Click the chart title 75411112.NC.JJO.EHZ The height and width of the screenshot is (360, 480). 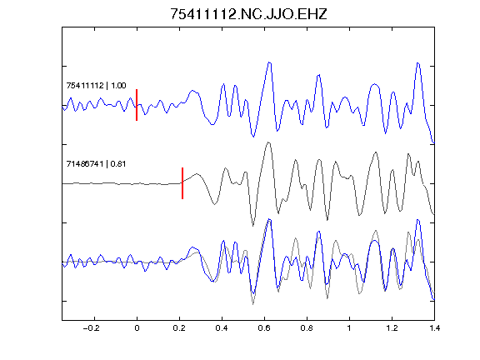point(248,14)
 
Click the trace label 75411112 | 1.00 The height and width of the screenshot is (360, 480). point(96,85)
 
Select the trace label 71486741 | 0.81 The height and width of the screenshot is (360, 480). point(96,164)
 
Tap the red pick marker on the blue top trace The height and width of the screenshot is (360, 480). point(137,105)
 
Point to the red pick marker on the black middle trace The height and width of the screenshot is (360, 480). point(182,183)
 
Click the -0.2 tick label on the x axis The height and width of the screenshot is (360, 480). point(92,328)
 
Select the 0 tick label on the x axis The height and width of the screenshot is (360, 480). point(137,328)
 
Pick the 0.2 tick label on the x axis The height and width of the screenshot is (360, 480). point(179,328)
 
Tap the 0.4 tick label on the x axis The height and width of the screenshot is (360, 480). point(222,328)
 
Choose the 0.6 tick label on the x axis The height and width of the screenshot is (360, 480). point(264,328)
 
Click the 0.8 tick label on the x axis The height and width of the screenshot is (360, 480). point(307,328)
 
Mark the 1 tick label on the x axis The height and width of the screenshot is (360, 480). point(349,328)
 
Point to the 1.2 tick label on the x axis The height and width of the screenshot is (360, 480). point(392,328)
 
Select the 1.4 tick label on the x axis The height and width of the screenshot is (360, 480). point(434,328)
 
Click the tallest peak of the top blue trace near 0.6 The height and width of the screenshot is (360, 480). point(269,62)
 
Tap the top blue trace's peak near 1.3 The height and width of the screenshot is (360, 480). point(417,63)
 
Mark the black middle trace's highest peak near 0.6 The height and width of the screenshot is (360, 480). point(268,142)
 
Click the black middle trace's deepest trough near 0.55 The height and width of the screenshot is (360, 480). point(252,226)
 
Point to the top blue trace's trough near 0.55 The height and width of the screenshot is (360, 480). point(253,137)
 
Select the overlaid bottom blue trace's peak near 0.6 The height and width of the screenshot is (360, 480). point(269,219)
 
